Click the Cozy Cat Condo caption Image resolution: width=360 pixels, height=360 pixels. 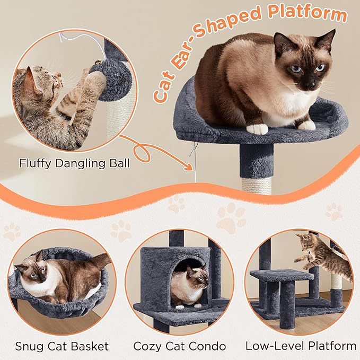click(x=180, y=346)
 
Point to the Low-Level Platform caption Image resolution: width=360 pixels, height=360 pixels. click(x=301, y=346)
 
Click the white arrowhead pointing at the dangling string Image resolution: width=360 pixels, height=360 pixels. click(x=190, y=165)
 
